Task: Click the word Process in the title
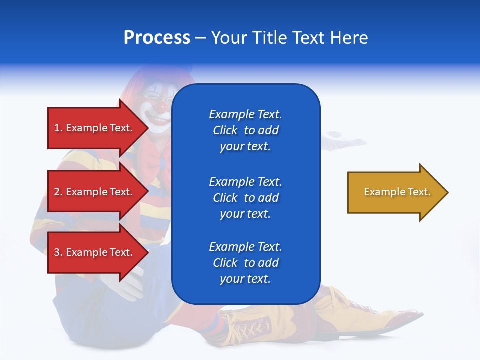[157, 37]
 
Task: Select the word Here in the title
[349, 37]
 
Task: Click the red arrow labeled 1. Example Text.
[98, 128]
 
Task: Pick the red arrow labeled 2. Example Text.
[98, 191]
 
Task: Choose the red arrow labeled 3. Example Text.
[98, 252]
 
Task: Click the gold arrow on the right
[398, 192]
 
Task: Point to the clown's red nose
[161, 107]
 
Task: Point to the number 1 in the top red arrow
[57, 128]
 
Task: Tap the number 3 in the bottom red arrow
[57, 252]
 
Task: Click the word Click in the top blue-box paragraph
[225, 130]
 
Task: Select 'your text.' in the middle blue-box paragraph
[245, 214]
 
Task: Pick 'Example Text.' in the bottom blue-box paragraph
[245, 246]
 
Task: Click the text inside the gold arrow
[397, 192]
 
